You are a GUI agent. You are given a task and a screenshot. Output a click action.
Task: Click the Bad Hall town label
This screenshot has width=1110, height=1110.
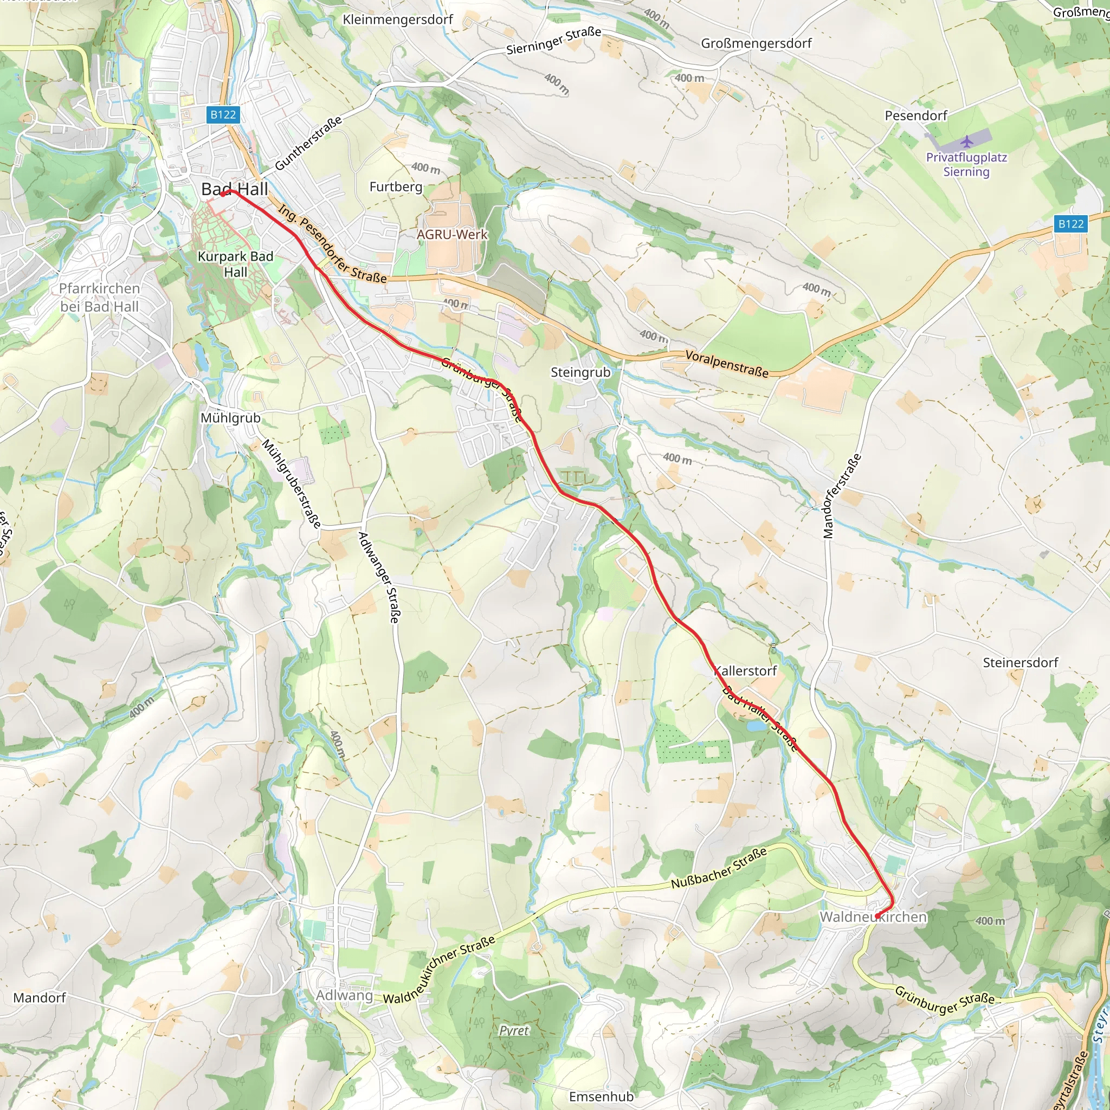pos(234,189)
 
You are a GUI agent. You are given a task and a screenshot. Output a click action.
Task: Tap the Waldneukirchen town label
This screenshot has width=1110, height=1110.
pos(873,917)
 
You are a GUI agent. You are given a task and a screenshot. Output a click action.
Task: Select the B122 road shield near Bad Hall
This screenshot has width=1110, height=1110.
pos(223,115)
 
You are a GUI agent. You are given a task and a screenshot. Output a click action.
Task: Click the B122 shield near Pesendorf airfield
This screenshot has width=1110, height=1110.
pos(1071,224)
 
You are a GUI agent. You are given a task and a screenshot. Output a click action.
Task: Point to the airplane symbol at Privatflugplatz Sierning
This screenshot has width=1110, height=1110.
pos(967,141)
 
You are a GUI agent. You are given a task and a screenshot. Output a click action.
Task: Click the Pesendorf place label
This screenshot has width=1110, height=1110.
pos(916,115)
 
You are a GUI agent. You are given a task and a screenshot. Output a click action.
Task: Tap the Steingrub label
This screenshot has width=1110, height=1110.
pos(580,372)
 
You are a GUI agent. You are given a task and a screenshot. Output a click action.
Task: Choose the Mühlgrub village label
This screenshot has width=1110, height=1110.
pos(230,418)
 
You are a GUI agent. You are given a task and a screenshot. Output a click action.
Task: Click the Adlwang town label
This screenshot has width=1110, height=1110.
pos(344,995)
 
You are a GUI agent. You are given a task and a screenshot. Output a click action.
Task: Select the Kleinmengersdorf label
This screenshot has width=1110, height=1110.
pos(398,20)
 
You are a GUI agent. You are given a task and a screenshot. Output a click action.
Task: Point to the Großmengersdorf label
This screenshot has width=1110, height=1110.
pos(756,43)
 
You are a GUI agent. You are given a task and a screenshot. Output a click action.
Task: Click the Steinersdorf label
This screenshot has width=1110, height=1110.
pos(1021,662)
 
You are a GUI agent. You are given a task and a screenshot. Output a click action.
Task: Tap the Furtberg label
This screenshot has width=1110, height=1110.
pos(396,187)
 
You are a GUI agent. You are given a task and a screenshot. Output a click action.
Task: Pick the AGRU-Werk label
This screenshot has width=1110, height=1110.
pos(452,234)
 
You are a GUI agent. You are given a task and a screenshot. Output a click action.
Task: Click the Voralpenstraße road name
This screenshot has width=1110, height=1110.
pos(727,364)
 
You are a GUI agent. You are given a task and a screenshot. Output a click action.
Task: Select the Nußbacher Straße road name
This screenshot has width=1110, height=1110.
pos(719,868)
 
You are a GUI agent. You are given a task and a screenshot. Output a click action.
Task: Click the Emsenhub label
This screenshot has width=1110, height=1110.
pos(601,1097)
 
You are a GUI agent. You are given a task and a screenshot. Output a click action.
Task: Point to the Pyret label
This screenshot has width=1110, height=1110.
pos(514,1030)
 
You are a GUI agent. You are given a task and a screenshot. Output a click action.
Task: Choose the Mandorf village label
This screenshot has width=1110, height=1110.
pos(40,997)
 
